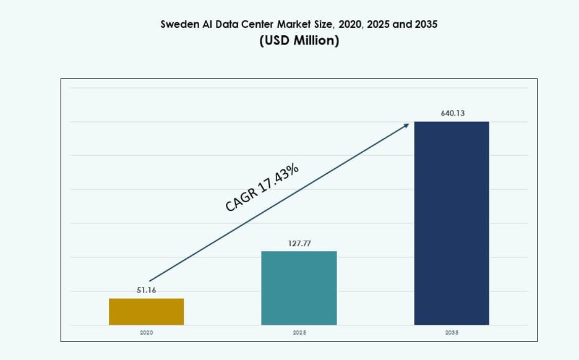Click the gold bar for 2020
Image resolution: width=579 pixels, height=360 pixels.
pos(146,312)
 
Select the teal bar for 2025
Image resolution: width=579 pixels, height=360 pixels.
pos(299,288)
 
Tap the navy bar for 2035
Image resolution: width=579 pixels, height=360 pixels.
pos(452,223)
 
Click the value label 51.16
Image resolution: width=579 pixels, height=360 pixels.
pos(146,290)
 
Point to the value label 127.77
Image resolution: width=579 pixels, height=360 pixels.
pos(299,243)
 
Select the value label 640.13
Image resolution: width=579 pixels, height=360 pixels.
pos(452,113)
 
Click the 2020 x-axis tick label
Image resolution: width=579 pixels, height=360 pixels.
pos(146,333)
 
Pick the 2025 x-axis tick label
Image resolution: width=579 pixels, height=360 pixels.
pos(299,333)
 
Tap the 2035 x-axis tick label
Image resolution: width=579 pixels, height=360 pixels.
pos(452,333)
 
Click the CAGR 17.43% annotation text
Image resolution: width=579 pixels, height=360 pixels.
pos(262,186)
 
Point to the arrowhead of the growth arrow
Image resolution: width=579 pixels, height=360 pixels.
pos(406,125)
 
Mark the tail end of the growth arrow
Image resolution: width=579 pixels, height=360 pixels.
pos(150,281)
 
